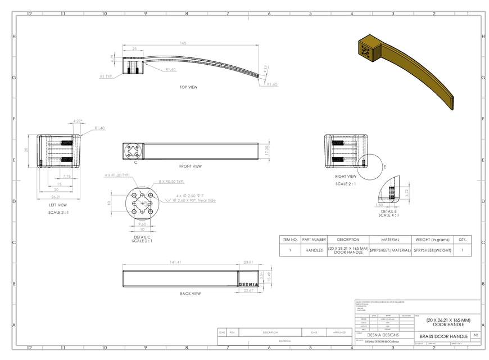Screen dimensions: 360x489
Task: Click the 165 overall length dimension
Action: (x=183, y=43)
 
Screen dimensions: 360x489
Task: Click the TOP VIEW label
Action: (x=188, y=87)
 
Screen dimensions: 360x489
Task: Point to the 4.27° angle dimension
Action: (x=78, y=121)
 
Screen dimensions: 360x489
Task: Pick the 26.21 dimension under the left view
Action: (x=55, y=197)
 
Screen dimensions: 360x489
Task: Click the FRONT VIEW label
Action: (x=190, y=166)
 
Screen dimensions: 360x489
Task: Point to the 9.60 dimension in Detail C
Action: (x=142, y=224)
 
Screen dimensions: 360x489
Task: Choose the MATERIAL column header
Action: (x=390, y=240)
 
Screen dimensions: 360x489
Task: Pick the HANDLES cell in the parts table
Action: (x=314, y=250)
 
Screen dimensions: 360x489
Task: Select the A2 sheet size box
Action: (x=476, y=335)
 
